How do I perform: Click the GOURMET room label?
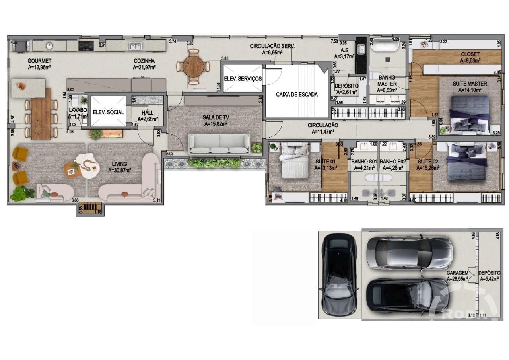[39, 61]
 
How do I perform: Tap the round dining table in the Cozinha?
[193, 66]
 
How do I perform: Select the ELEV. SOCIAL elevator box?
[108, 112]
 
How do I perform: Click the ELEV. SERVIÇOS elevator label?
[243, 79]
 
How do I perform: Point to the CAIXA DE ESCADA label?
[297, 95]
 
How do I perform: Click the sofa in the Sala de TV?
[219, 144]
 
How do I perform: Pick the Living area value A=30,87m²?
[120, 170]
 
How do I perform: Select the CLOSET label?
[470, 54]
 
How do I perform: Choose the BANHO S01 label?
[364, 162]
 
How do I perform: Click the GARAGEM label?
[457, 273]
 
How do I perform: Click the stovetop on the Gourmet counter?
[85, 45]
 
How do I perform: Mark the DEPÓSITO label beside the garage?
[489, 273]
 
